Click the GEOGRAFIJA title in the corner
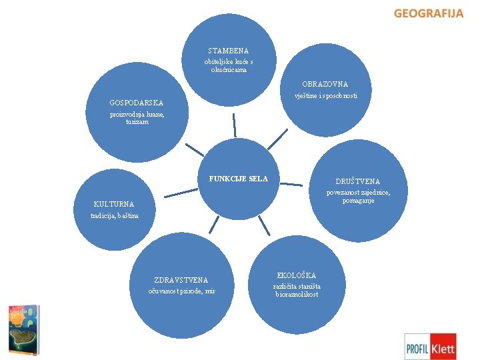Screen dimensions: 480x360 click(x=428, y=13)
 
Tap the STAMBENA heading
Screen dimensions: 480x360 click(x=228, y=51)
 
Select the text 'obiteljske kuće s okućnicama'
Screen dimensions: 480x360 click(x=229, y=65)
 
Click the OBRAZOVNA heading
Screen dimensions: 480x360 click(x=325, y=85)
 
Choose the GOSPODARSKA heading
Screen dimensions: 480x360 click(x=136, y=103)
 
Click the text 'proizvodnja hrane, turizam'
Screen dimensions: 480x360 click(x=136, y=118)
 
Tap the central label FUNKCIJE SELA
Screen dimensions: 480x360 click(x=239, y=179)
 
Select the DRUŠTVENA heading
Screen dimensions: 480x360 click(x=358, y=181)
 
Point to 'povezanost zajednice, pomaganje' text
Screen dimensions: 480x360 click(x=358, y=197)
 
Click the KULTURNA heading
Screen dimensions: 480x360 click(x=114, y=204)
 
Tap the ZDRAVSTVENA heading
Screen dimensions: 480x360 click(x=181, y=281)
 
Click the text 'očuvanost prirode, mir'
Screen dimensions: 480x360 click(x=181, y=291)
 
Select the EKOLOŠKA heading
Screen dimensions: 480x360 click(x=297, y=275)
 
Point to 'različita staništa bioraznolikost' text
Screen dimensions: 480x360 click(x=297, y=290)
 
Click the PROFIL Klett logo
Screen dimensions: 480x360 click(x=431, y=347)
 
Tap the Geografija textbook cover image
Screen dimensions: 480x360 click(x=23, y=329)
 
